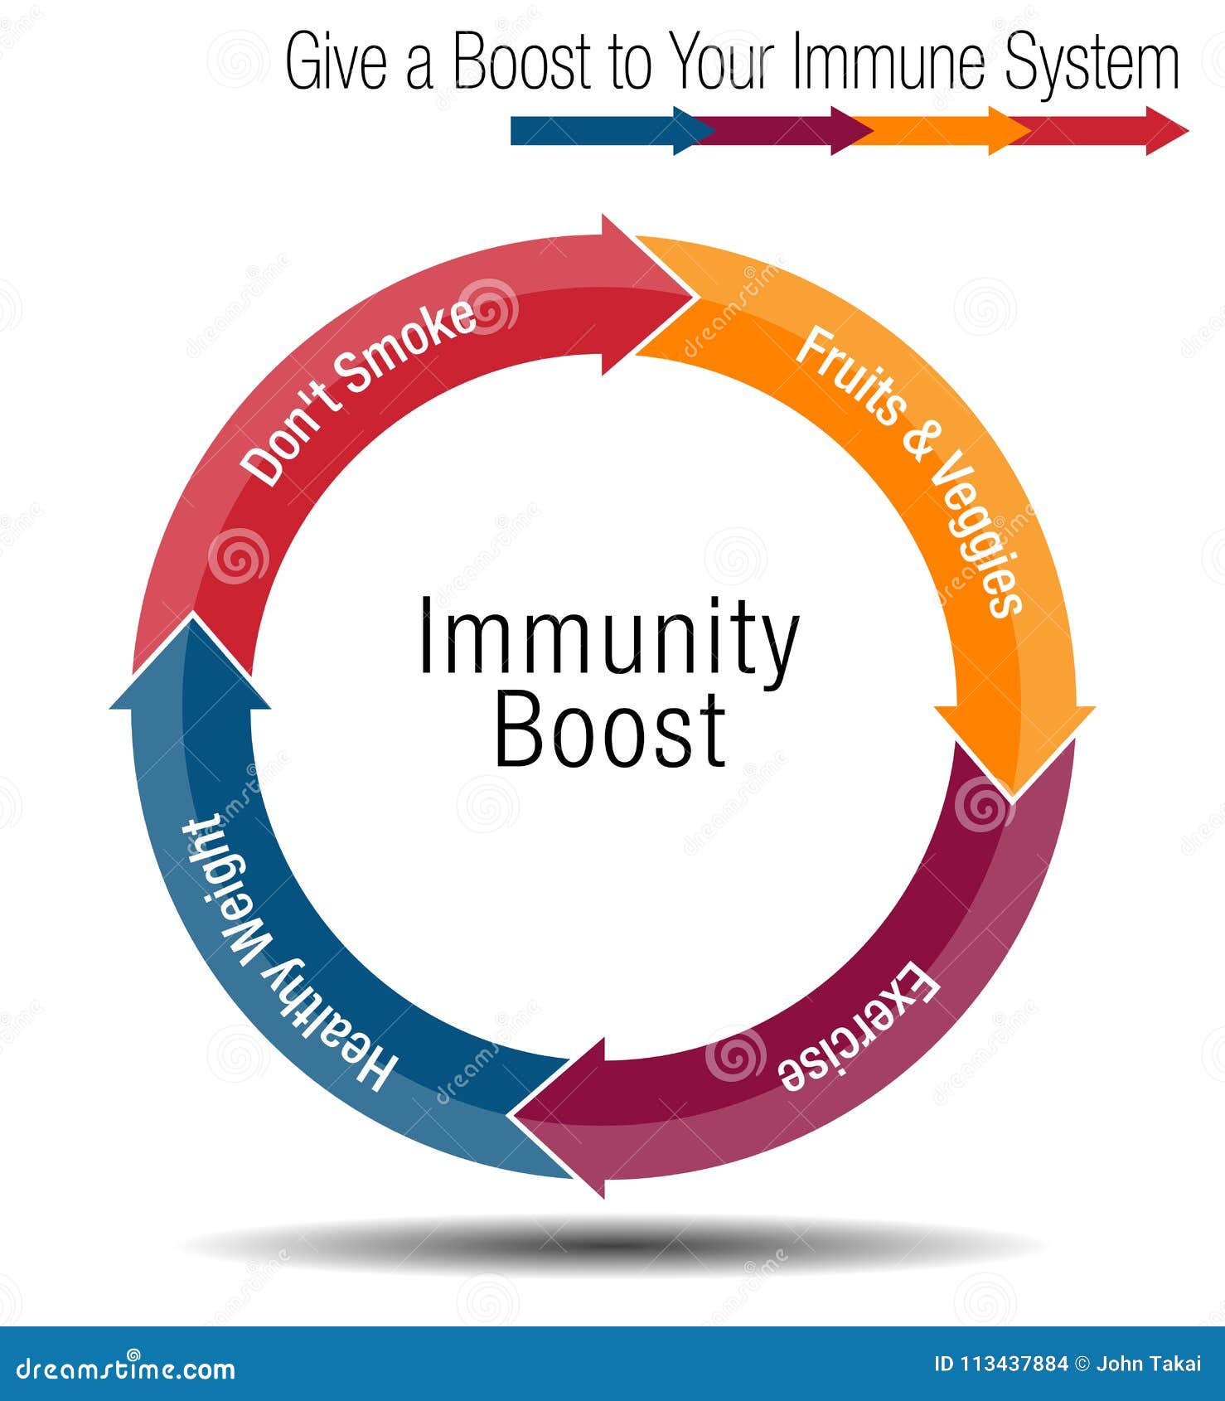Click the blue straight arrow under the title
(x=605, y=131)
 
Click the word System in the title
(x=1092, y=63)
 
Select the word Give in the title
(x=336, y=63)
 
